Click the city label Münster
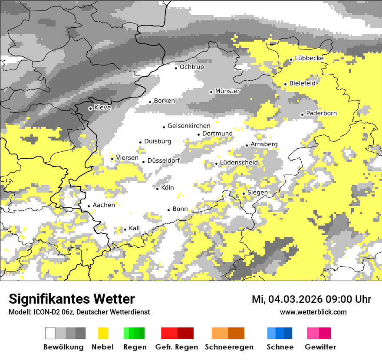[227, 91]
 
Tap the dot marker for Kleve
[90, 108]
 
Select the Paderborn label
[321, 113]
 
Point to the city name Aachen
[104, 205]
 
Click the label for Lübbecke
[309, 58]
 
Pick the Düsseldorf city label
[164, 160]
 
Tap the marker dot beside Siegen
[244, 193]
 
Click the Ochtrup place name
[192, 67]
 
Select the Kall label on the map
[134, 228]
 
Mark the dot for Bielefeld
[286, 84]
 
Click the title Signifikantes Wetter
[72, 299]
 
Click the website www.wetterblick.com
[313, 312]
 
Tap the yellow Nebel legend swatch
[103, 333]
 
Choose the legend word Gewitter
[320, 347]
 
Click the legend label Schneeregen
[229, 347]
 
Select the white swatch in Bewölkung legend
[50, 333]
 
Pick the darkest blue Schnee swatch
[288, 333]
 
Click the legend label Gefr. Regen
[177, 347]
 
